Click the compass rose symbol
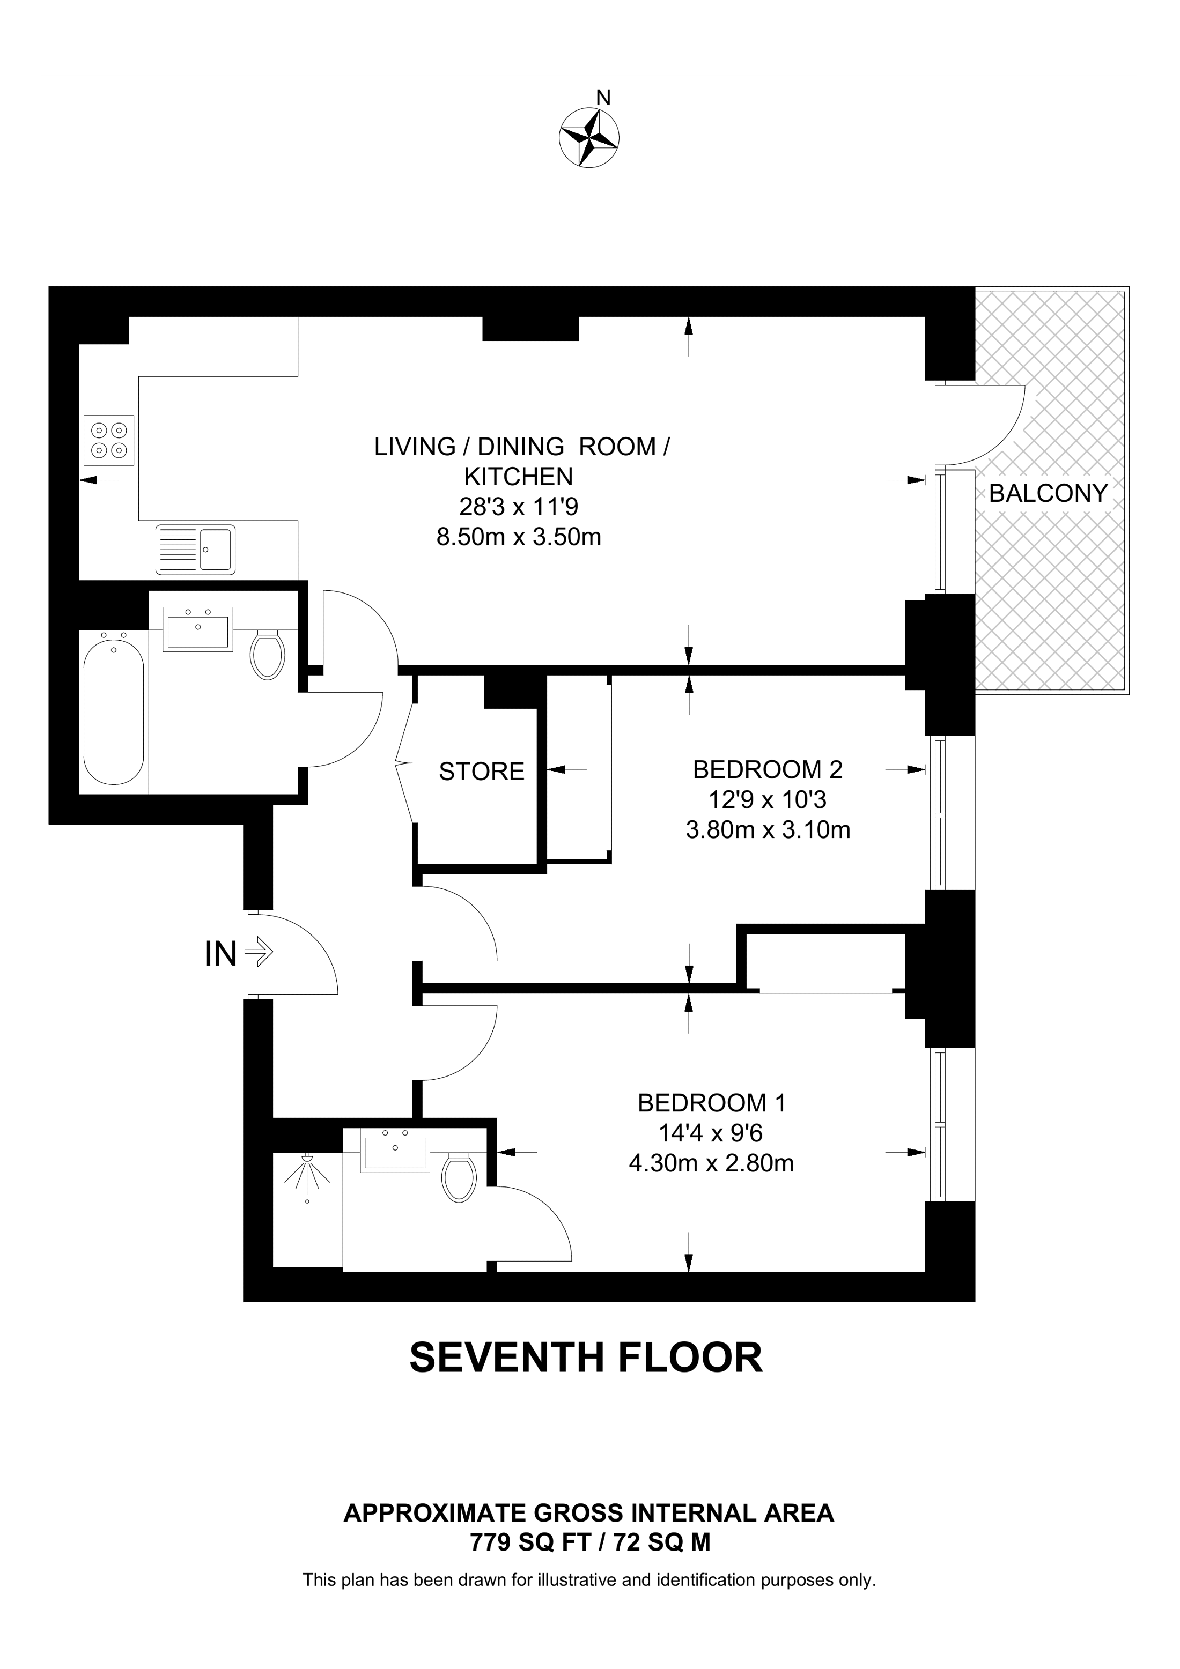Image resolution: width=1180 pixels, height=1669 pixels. click(589, 137)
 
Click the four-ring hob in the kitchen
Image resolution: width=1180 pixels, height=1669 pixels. click(109, 440)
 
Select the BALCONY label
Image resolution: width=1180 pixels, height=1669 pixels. click(1047, 494)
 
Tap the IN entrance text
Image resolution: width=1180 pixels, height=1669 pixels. click(221, 954)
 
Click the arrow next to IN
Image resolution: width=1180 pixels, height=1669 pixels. click(259, 951)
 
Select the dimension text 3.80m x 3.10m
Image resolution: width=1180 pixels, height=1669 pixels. click(768, 829)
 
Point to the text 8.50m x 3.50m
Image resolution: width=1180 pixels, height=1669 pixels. click(518, 537)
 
